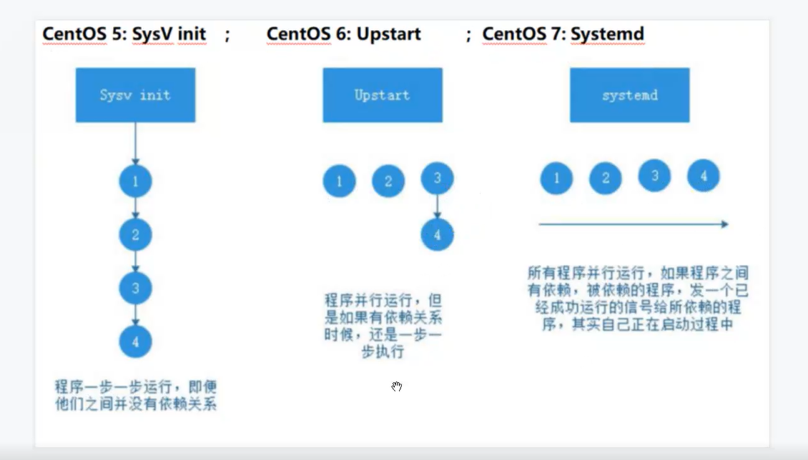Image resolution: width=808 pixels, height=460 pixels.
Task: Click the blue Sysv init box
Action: (x=135, y=95)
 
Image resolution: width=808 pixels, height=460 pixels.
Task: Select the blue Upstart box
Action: (x=382, y=95)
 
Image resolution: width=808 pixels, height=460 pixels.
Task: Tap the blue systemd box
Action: (x=629, y=95)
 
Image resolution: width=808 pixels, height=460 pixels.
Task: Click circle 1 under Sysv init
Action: (x=135, y=182)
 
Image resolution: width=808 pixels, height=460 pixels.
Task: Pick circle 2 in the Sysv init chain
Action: (x=135, y=234)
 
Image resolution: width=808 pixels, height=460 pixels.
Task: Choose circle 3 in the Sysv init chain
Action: (x=135, y=288)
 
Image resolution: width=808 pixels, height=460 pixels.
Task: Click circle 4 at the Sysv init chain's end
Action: (x=135, y=341)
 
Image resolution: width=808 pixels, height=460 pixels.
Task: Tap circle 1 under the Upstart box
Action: (x=339, y=181)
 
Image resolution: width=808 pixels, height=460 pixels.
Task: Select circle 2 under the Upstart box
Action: (x=388, y=181)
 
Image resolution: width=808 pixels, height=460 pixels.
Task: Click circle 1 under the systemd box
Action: (x=556, y=178)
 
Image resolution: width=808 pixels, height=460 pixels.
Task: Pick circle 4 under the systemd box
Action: (x=703, y=176)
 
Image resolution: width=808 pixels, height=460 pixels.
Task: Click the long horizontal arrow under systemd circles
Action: (x=633, y=224)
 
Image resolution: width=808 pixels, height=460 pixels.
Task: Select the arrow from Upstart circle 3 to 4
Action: (x=437, y=206)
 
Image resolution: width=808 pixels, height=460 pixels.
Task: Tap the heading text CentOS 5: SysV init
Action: (x=124, y=34)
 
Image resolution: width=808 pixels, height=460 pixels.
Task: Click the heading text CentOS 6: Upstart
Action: (x=344, y=34)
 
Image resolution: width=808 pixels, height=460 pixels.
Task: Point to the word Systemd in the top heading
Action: (x=607, y=34)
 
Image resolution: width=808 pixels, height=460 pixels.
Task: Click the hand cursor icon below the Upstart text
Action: (x=397, y=386)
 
